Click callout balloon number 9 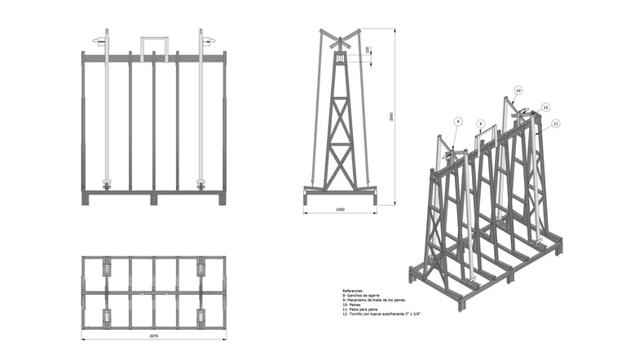(x=458, y=121)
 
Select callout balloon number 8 (x=481, y=124)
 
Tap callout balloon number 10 (x=518, y=90)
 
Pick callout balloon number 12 (x=545, y=107)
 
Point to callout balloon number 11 (x=555, y=123)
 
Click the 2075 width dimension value (x=153, y=336)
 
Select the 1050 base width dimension (x=340, y=210)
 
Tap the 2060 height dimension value (x=391, y=117)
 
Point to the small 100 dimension (x=368, y=50)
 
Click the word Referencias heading (x=352, y=290)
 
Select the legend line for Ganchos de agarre (x=362, y=296)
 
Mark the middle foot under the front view (x=153, y=199)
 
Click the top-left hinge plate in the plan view (x=106, y=267)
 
